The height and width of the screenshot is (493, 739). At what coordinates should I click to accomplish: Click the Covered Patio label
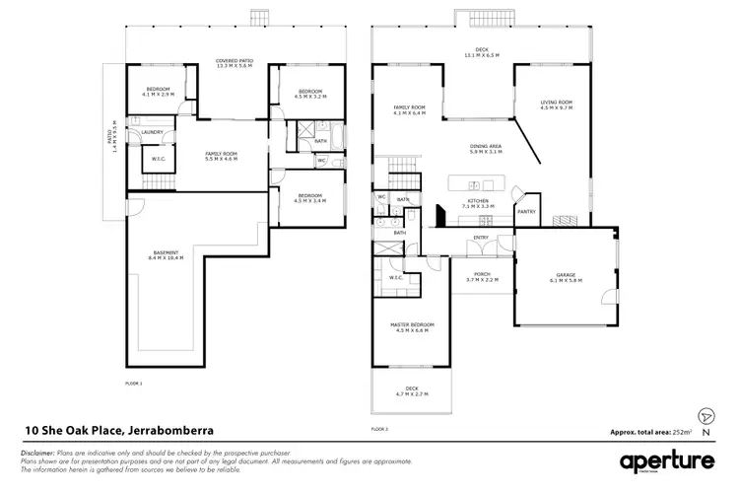point(234,63)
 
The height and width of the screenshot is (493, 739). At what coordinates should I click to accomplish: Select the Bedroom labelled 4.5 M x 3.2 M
point(310,94)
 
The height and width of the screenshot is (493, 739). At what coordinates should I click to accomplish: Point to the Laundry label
point(152,132)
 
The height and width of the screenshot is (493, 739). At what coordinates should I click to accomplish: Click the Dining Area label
point(486,150)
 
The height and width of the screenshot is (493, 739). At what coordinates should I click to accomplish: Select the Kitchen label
point(478,203)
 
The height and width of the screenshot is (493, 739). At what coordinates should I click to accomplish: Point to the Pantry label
point(526,211)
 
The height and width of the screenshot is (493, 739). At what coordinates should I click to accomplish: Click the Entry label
point(482,238)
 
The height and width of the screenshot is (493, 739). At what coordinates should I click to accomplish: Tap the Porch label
point(482,277)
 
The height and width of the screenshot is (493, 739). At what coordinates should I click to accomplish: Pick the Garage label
point(566,277)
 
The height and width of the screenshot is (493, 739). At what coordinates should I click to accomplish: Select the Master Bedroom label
point(414,327)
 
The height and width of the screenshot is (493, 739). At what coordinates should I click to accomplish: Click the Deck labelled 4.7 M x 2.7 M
point(412,391)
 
